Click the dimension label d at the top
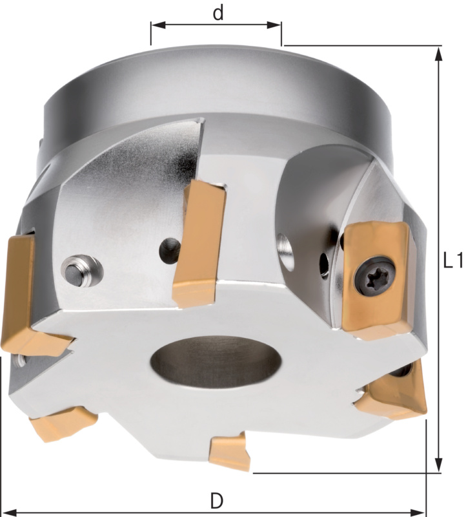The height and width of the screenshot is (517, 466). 218,14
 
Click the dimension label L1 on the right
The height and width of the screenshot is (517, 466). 453,260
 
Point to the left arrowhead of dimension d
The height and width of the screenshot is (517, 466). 158,25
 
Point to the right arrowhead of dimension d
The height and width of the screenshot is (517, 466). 274,25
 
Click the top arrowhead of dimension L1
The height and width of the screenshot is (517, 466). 438,54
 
